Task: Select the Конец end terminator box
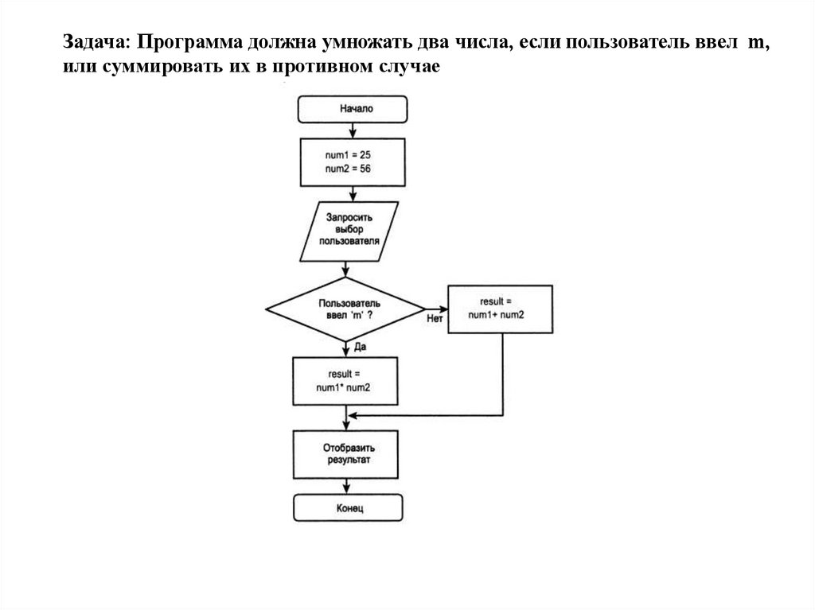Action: pyautogui.click(x=348, y=507)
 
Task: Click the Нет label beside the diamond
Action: pyautogui.click(x=435, y=320)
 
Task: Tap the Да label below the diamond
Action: pyautogui.click(x=360, y=348)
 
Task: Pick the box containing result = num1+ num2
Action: pyautogui.click(x=501, y=309)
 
